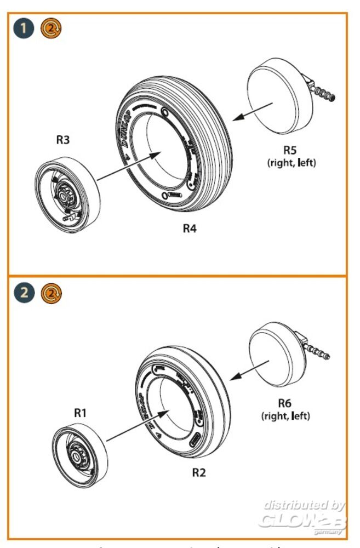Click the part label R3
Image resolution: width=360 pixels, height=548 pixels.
pyautogui.click(x=63, y=140)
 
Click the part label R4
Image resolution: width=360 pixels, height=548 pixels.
pyautogui.click(x=190, y=228)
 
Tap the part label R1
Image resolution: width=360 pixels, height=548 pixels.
pyautogui.click(x=81, y=413)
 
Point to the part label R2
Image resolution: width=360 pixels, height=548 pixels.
pyautogui.click(x=199, y=472)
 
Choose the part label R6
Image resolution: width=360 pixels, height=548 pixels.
pyautogui.click(x=284, y=403)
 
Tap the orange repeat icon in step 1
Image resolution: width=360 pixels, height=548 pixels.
pyautogui.click(x=52, y=29)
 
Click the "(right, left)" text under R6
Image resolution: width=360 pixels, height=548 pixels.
pyautogui.click(x=285, y=416)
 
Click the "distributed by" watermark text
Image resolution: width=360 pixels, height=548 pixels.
pyautogui.click(x=305, y=505)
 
